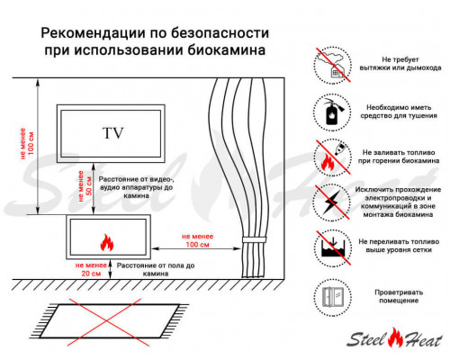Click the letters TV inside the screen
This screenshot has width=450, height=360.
pyautogui.click(x=112, y=133)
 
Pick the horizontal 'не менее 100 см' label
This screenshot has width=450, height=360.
pyautogui.click(x=191, y=240)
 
